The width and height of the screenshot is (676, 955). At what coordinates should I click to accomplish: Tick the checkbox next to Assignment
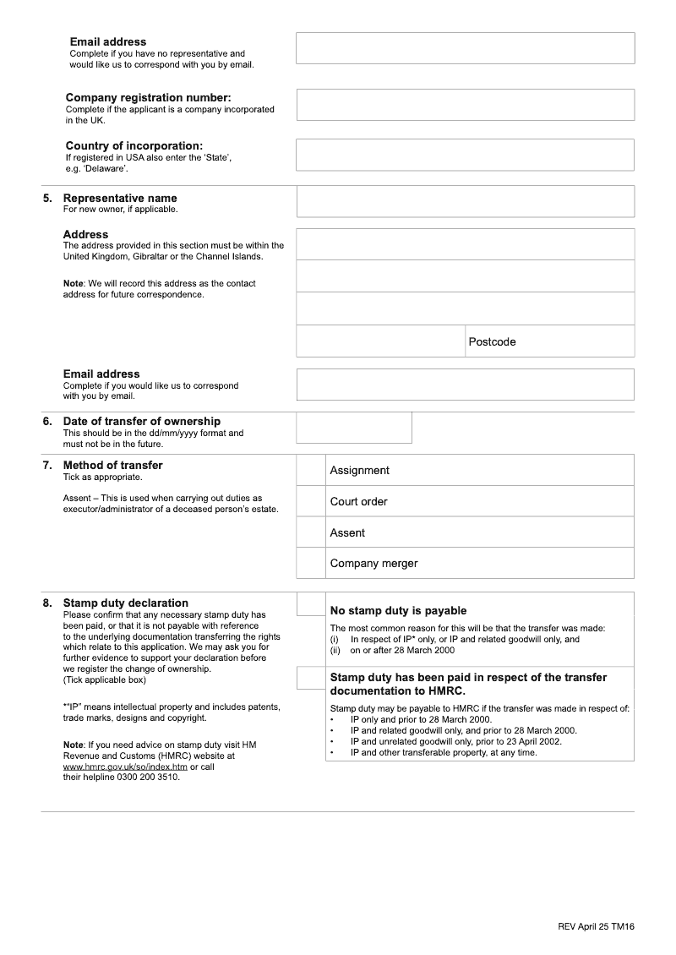[311, 470]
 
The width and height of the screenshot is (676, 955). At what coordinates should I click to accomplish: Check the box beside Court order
[311, 501]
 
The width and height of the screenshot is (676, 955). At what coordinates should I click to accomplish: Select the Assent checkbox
[311, 532]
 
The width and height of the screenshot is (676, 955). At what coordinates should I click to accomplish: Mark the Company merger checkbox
[311, 563]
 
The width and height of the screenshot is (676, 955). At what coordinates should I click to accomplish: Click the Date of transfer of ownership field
[354, 427]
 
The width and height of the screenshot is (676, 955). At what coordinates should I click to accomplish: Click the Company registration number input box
[465, 105]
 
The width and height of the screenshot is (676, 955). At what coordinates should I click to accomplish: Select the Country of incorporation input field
[465, 155]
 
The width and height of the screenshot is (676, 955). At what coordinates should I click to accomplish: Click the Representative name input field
[465, 201]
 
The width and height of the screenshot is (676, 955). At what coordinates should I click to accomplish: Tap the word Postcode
[492, 341]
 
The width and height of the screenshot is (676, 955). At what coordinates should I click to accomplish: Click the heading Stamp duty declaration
[126, 603]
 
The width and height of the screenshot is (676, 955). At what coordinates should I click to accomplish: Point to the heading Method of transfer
[113, 465]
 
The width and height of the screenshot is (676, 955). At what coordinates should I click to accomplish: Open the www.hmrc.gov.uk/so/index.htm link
[125, 767]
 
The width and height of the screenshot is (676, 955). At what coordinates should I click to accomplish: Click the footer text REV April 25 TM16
[596, 926]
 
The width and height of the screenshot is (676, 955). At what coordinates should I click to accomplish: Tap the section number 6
[47, 421]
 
